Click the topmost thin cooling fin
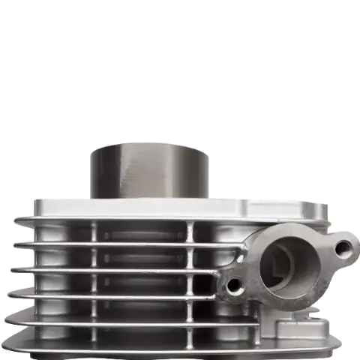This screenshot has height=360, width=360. (x=112, y=220)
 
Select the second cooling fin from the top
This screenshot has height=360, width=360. (x=112, y=244)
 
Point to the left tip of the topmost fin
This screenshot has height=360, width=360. (x=16, y=219)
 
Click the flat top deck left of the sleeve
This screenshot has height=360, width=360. (x=60, y=204)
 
